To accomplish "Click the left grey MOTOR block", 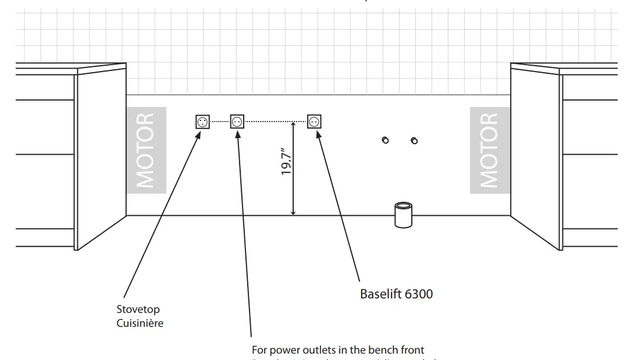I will click(x=146, y=150).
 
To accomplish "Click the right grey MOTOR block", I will click(x=490, y=150).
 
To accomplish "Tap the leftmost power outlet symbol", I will click(x=202, y=122).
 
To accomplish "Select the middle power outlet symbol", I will click(x=237, y=122).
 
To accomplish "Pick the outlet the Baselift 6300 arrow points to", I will click(x=314, y=122).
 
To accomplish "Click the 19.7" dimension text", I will click(x=286, y=161).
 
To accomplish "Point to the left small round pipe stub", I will click(x=385, y=140).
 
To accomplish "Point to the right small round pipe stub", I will click(x=414, y=141).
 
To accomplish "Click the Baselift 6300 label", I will click(x=396, y=294).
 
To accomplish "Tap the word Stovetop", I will click(x=138, y=309).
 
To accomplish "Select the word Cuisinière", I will click(x=140, y=323).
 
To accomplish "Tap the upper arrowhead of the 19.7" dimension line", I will click(x=294, y=126).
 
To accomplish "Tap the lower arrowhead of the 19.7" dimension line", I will click(x=294, y=212).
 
